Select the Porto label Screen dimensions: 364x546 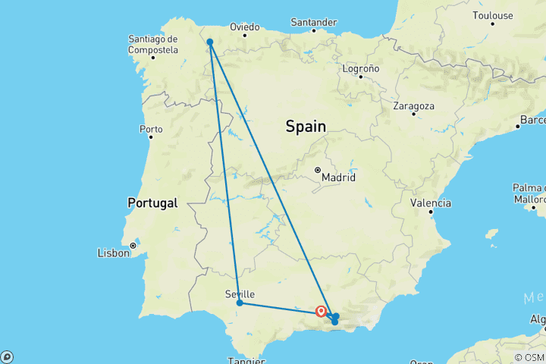point(151,129)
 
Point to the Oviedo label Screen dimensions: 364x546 point(245,27)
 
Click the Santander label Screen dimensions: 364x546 point(313,22)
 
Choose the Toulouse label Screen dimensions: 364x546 point(492,15)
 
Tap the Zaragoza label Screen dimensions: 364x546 point(413,105)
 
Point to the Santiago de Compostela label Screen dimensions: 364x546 point(153,44)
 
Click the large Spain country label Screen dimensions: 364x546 point(306,127)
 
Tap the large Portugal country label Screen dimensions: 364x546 point(152,203)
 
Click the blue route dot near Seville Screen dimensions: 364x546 point(240,303)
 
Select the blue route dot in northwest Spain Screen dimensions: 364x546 point(209,42)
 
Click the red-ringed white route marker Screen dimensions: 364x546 point(321,311)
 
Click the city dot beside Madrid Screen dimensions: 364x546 point(318,170)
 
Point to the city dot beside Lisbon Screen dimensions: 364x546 point(133,246)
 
